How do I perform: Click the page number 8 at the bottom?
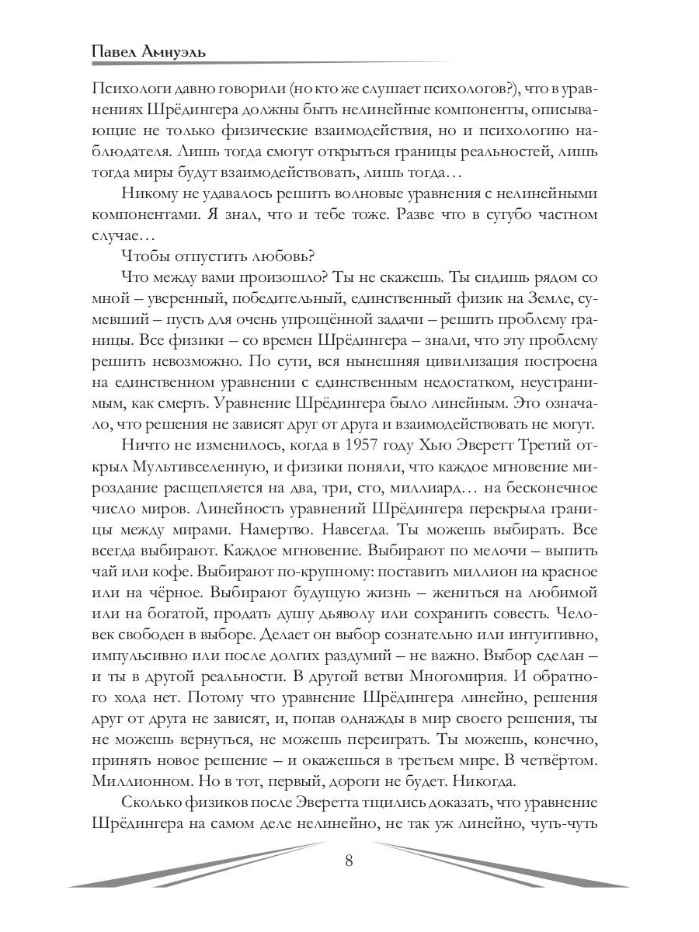(349, 861)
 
